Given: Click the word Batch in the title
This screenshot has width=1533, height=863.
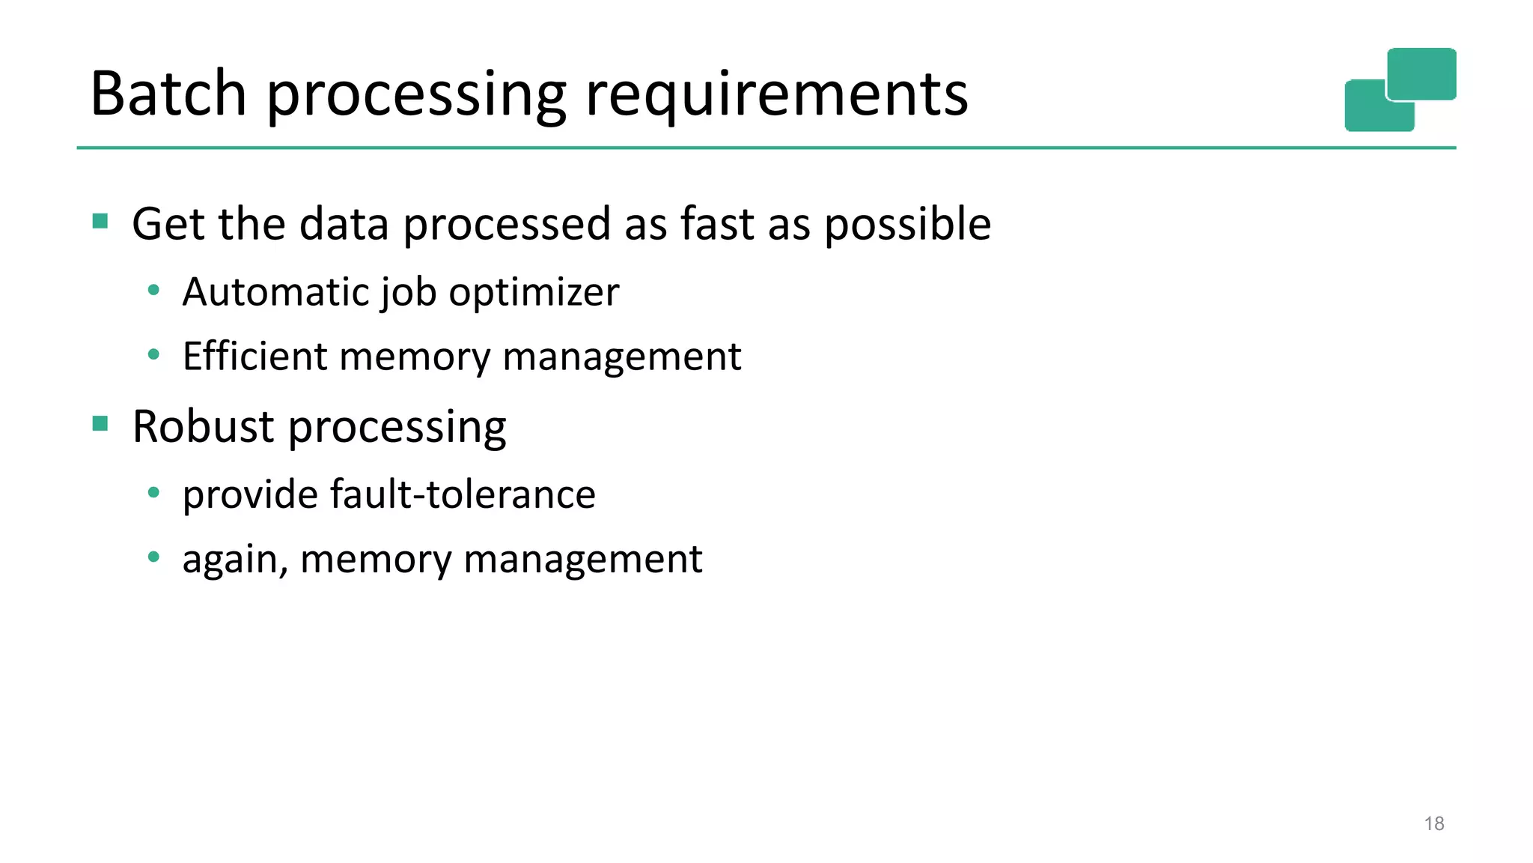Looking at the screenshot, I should (x=168, y=94).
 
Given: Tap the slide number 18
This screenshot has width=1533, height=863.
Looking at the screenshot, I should (x=1433, y=824).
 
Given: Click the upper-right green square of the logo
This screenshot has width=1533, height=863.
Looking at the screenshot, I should (x=1421, y=73).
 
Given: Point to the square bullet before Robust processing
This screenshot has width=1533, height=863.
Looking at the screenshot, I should (x=100, y=424).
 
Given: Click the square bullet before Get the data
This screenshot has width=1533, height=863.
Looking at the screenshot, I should (x=100, y=221).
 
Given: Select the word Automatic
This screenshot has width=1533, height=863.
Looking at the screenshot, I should (x=276, y=291).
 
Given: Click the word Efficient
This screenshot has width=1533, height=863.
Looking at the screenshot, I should (x=255, y=356).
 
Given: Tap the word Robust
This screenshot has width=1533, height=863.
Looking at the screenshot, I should (x=204, y=426).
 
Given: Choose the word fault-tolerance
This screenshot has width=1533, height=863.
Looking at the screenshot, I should (x=462, y=494).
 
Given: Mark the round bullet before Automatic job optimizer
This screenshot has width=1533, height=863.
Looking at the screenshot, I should (x=153, y=290).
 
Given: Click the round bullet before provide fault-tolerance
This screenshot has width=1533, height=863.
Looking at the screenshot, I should (x=153, y=492).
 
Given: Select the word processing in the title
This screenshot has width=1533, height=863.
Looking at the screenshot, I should (x=416, y=97).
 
